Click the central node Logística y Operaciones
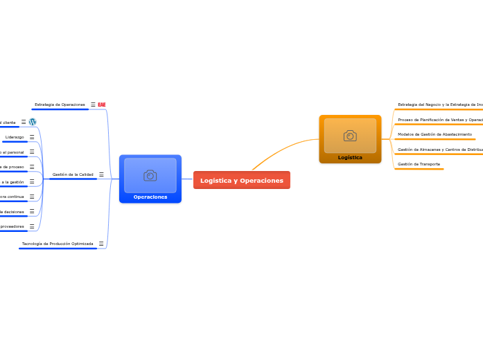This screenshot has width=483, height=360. [242, 180]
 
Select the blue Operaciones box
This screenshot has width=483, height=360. [150, 179]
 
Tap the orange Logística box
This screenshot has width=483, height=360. [350, 139]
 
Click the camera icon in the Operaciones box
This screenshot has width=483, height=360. [150, 175]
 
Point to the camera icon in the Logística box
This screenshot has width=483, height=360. [350, 135]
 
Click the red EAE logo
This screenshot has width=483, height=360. [102, 105]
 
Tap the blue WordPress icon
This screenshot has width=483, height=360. [33, 122]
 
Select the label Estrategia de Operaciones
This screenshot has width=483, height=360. [60, 105]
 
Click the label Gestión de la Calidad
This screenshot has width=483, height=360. [73, 174]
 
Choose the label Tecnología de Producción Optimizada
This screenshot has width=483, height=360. [58, 244]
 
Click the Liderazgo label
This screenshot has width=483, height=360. [15, 137]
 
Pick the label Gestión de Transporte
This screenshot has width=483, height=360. [418, 164]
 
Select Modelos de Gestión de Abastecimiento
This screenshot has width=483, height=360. [434, 134]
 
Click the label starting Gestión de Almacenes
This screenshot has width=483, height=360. [440, 150]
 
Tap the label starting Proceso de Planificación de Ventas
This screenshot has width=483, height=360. [440, 120]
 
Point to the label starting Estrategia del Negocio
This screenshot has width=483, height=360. [440, 105]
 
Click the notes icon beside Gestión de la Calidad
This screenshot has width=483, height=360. [101, 174]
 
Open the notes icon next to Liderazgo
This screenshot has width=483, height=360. [32, 137]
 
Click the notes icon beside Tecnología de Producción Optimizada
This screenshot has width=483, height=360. [101, 244]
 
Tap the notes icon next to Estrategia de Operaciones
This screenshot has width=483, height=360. [93, 105]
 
